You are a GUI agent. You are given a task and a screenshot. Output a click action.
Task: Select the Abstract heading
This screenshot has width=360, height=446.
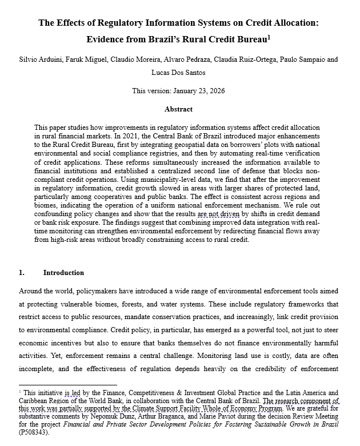(179, 109)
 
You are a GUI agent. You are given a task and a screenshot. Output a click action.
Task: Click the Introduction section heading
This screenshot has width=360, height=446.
(63, 273)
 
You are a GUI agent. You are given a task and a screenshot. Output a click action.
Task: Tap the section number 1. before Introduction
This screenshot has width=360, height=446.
(22, 273)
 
